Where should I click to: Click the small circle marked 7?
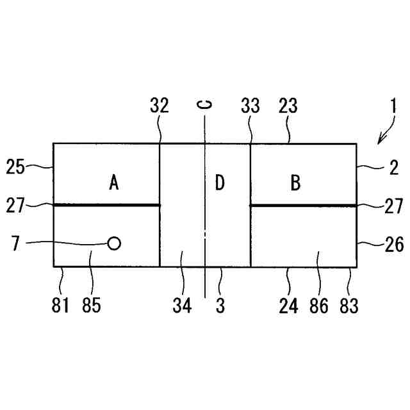pyautogui.click(x=114, y=243)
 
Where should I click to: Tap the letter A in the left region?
pyautogui.click(x=114, y=183)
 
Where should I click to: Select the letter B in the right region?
pyautogui.click(x=295, y=183)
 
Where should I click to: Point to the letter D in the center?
pyautogui.click(x=220, y=183)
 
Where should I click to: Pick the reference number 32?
pyautogui.click(x=159, y=106)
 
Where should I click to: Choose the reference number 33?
pyautogui.click(x=250, y=106)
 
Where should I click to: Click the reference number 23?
pyautogui.click(x=289, y=106)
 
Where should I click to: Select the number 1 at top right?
pyautogui.click(x=395, y=106)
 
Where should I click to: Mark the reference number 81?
pyautogui.click(x=60, y=306)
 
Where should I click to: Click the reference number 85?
pyautogui.click(x=92, y=306)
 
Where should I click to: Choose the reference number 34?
pyautogui.click(x=183, y=306)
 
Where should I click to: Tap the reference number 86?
pyautogui.click(x=318, y=306)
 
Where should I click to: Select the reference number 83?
pyautogui.click(x=349, y=306)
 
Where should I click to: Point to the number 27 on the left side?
pyautogui.click(x=15, y=206)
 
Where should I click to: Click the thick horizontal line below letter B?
pyautogui.click(x=302, y=205)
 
